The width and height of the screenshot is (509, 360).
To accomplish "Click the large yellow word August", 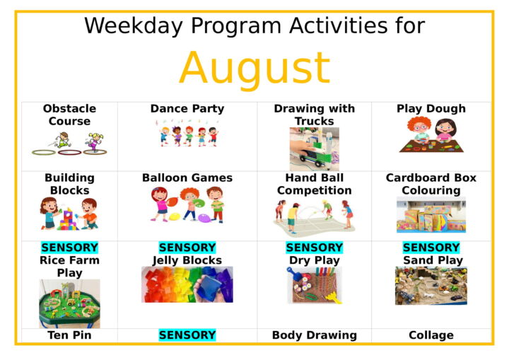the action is pos(255,69).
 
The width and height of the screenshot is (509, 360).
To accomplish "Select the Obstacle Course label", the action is pos(69,115).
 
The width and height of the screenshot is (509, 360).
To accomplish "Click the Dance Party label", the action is pos(187,108).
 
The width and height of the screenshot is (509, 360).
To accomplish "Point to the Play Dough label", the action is pos(431,109).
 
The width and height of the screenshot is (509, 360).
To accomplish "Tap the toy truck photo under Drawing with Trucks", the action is pos(314,149).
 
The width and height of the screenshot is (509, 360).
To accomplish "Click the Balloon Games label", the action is pos(187,178).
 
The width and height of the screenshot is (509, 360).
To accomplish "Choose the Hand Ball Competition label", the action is pos(314,184).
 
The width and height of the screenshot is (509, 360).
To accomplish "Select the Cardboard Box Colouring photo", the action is pos(431,215).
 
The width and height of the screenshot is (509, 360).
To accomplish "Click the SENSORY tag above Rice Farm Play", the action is pos(69,248).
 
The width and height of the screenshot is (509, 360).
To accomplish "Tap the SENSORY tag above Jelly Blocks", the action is pos(187,248).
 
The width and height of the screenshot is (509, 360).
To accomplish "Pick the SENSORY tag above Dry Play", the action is pos(314,248).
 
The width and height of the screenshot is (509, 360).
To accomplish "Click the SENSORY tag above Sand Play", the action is pos(431,248).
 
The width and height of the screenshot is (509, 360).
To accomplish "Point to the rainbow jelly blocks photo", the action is pos(187,284).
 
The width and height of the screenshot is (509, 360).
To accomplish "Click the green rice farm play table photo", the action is pos(69,304).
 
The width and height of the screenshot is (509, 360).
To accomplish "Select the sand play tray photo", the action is pos(431,286).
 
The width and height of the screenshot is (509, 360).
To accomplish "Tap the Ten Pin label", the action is pos(69,335).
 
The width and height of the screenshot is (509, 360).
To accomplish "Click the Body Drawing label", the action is pos(314,335).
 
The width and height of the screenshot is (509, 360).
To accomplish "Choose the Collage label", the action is pos(431,335).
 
